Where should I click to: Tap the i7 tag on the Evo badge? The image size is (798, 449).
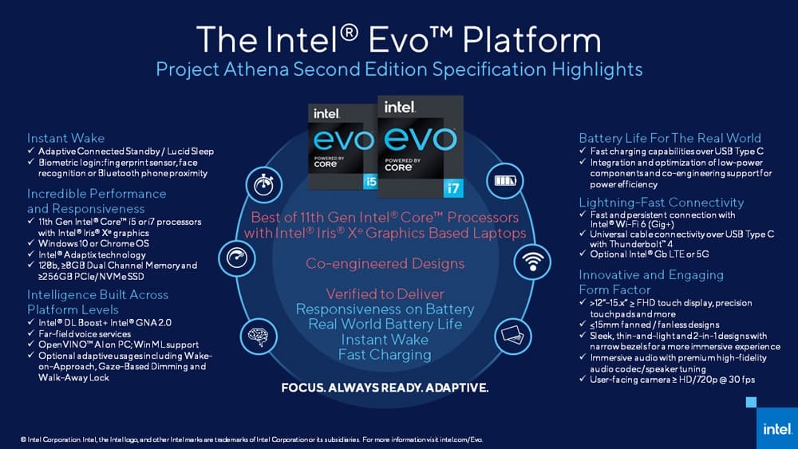click(x=452, y=188)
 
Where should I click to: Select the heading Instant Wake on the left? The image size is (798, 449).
click(x=65, y=138)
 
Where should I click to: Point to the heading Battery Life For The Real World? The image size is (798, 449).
click(x=670, y=138)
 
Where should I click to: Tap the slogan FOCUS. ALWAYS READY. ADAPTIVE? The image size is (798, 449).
click(x=385, y=388)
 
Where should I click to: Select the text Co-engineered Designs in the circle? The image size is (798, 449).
click(x=385, y=263)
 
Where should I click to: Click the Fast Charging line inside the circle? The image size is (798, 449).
click(x=385, y=354)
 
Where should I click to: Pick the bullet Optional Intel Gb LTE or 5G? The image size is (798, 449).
click(x=650, y=254)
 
